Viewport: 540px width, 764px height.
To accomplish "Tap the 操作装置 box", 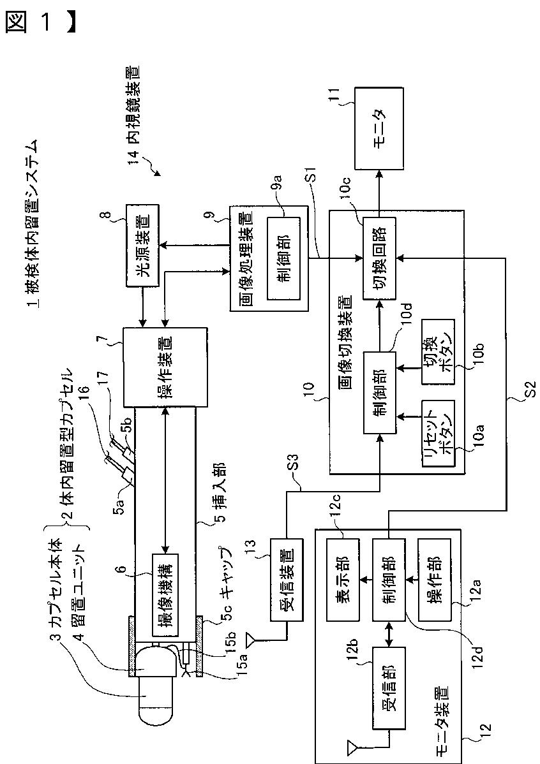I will [165, 367].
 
